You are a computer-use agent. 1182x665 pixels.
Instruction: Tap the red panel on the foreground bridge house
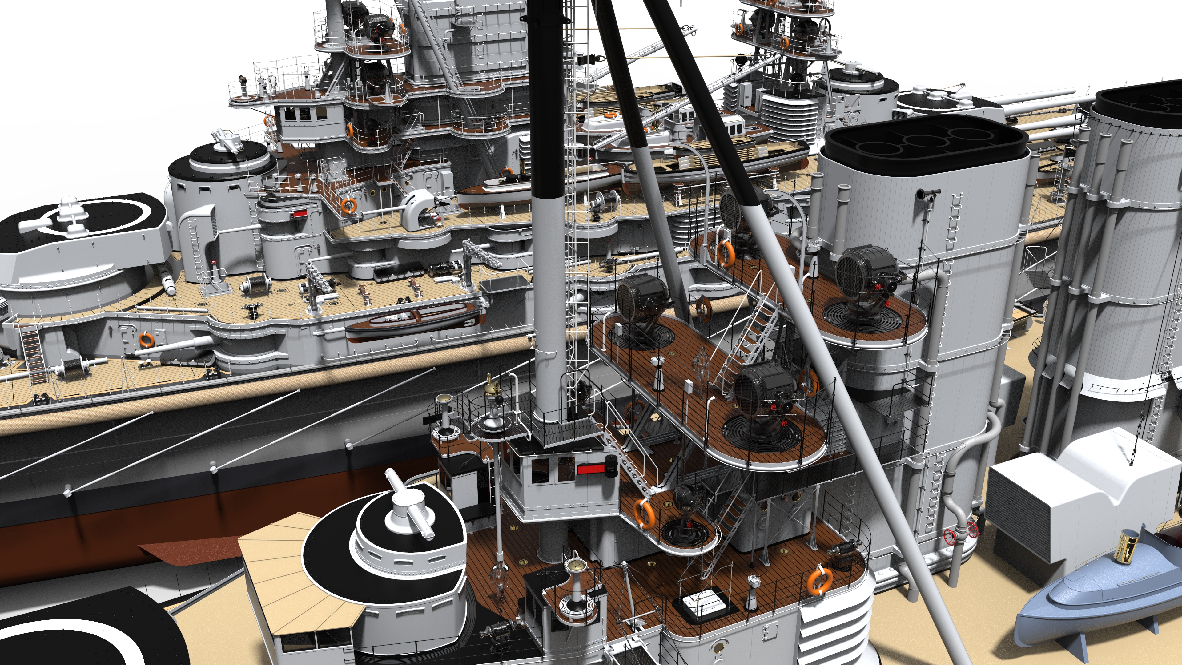click(591, 469)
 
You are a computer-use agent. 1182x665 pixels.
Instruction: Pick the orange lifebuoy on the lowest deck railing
click(819, 581)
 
